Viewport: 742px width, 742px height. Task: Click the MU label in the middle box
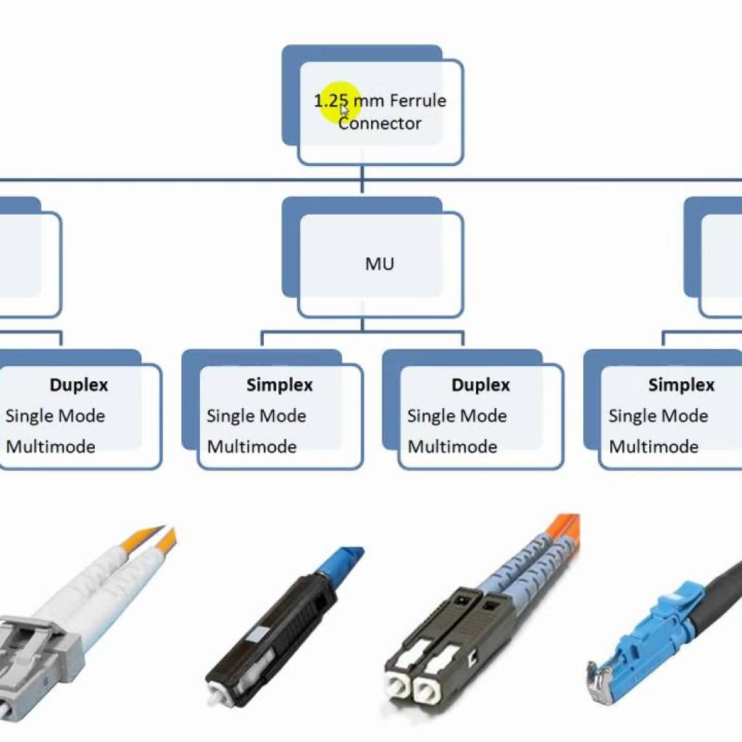380,264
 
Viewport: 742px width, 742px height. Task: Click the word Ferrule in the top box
417,101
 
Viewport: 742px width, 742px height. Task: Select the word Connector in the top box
379,123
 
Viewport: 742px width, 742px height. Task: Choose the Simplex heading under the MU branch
280,385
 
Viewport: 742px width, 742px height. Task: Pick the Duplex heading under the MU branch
480,385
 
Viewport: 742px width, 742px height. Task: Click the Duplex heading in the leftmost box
78,385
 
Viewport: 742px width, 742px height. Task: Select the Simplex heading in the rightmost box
681,385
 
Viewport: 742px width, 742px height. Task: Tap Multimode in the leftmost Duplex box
51,446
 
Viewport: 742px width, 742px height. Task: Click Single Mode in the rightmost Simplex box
658,416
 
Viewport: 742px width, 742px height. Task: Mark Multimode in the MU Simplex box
251,446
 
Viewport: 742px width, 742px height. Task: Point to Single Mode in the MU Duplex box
457,416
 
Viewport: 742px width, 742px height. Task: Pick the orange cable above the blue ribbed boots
562,529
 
